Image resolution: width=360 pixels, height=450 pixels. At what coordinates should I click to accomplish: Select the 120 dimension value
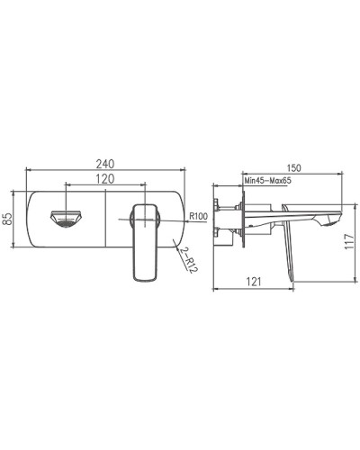click(105, 179)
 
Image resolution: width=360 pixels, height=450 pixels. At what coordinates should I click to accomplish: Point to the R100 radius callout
click(199, 215)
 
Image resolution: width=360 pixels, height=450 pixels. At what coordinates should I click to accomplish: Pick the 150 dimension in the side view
click(292, 166)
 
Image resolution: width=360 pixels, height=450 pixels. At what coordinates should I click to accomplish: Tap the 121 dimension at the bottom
click(254, 280)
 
